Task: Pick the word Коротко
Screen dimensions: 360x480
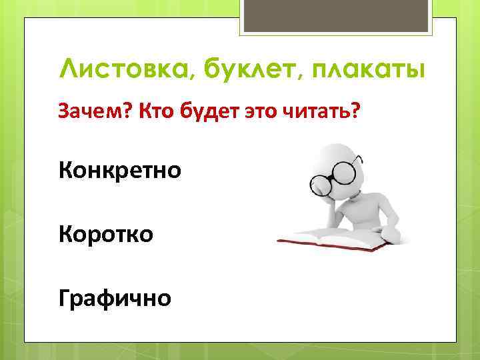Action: pyautogui.click(x=106, y=234)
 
